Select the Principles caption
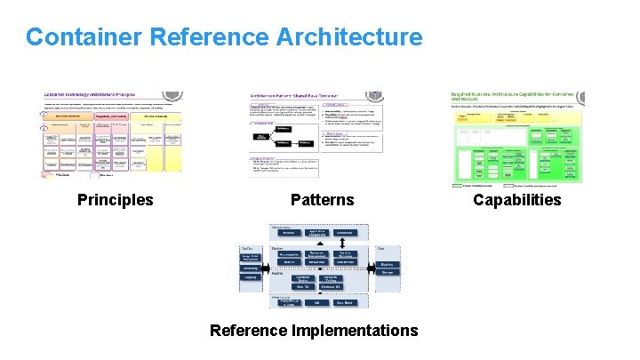click(116, 200)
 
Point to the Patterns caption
click(322, 200)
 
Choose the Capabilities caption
click(517, 200)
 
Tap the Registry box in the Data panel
click(387, 264)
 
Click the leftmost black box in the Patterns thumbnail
click(264, 136)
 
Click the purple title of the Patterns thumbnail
click(293, 94)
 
